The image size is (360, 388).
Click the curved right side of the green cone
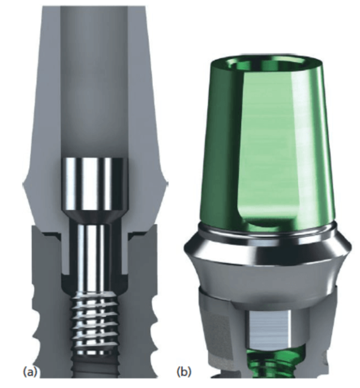tap(324, 150)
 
